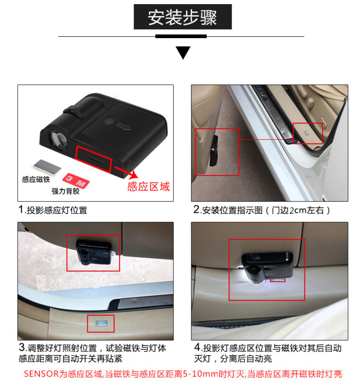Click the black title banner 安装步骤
click(x=183, y=17)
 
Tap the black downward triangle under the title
click(x=183, y=52)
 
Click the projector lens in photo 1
click(x=58, y=138)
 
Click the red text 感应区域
click(x=148, y=186)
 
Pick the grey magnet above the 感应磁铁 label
click(x=47, y=167)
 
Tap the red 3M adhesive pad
click(x=76, y=181)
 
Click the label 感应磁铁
click(x=36, y=179)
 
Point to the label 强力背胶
click(x=66, y=191)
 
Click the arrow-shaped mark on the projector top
click(x=124, y=126)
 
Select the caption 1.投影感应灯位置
click(x=53, y=210)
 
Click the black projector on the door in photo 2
click(x=214, y=151)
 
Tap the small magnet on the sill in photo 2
click(x=307, y=132)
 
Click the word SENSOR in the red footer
click(x=41, y=374)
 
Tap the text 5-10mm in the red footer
click(x=201, y=374)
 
